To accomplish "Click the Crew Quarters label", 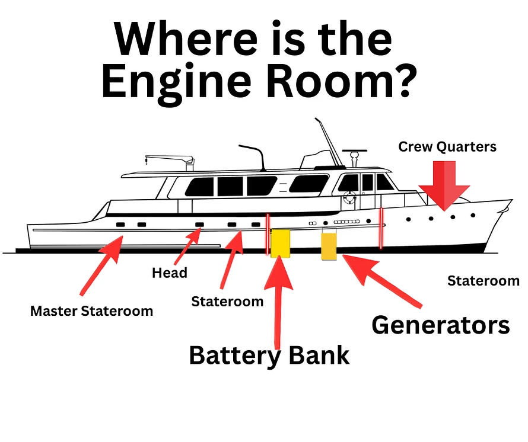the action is pos(447,147).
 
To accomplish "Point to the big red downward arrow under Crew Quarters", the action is pos(444,185).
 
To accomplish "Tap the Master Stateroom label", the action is pos(91,311).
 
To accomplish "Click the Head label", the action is pos(170,273).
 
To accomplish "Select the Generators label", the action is pos(441,325).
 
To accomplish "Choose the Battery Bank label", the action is pos(269,355).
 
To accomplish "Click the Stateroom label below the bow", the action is pos(484,281).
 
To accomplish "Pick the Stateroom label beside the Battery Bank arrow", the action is pos(227,302).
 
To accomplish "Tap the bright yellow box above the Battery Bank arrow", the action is pos(281,244).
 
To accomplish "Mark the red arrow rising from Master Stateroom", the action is pos(101,266).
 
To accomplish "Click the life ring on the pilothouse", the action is pos(349,197).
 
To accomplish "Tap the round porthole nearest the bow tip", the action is pos(473,215).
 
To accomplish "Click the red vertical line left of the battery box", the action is pos(268,234).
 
